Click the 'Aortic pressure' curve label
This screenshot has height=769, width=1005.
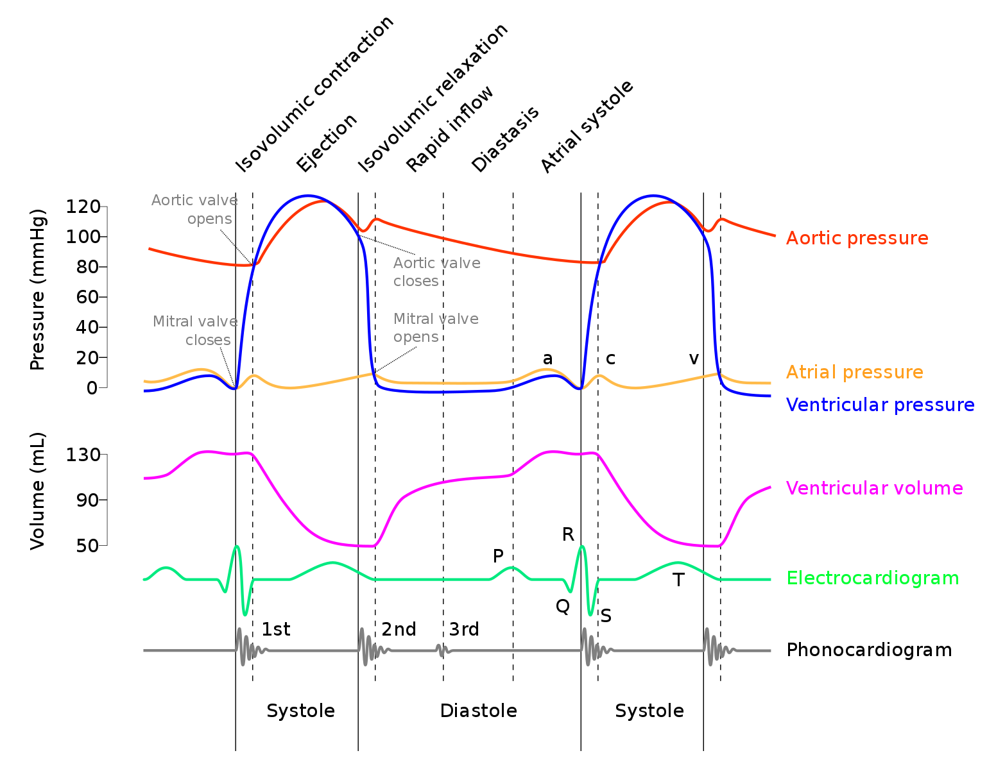click(x=857, y=238)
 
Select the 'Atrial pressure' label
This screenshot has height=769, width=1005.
click(x=854, y=372)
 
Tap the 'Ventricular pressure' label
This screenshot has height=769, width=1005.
click(x=880, y=405)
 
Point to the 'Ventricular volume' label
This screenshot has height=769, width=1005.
click(x=874, y=488)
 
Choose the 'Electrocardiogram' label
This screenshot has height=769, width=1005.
click(x=872, y=578)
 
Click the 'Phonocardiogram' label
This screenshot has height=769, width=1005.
click(x=869, y=650)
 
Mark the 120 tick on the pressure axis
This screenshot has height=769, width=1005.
click(x=83, y=207)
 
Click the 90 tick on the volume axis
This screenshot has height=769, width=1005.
click(x=87, y=500)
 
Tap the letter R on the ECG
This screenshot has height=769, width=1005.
click(x=568, y=534)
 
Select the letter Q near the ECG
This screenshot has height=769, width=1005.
click(x=563, y=606)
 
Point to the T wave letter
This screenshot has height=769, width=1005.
click(x=678, y=580)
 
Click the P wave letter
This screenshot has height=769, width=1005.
click(x=498, y=556)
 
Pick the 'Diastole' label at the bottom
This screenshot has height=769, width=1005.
click(x=478, y=711)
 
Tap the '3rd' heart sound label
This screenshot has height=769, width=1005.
click(x=464, y=629)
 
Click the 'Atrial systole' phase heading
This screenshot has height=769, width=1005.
click(x=587, y=127)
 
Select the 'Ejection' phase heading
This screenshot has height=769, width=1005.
click(x=326, y=142)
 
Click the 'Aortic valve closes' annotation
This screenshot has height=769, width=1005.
click(x=436, y=272)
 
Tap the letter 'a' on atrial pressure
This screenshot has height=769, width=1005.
click(x=547, y=359)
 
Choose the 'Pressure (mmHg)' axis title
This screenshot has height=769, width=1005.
click(x=38, y=289)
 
